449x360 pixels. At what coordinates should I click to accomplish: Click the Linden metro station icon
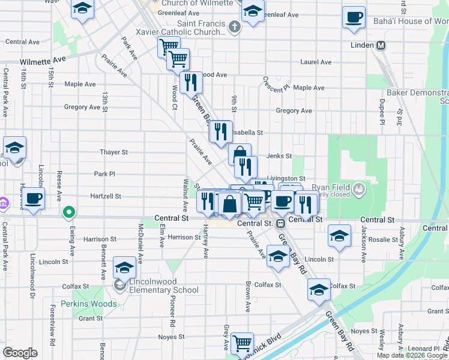[381, 46]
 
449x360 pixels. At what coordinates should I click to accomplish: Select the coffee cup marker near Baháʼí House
[354, 17]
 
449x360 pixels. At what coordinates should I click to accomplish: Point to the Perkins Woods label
[83, 304]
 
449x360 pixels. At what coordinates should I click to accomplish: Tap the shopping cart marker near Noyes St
[242, 343]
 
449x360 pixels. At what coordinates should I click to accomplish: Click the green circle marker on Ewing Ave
[69, 212]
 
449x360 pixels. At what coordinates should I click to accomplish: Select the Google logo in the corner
[20, 352]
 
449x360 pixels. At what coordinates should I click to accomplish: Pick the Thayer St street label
[114, 152]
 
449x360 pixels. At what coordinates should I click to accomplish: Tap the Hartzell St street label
[106, 196]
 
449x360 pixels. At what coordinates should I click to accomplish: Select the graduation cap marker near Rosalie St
[339, 236]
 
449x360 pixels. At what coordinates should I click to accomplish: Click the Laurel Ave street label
[316, 62]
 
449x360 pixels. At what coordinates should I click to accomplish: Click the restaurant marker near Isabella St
[220, 130]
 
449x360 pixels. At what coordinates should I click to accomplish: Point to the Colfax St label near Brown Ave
[268, 285]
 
